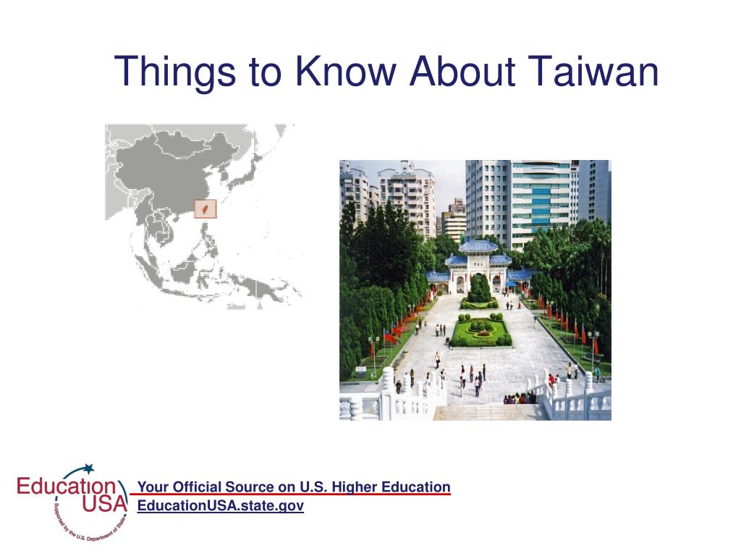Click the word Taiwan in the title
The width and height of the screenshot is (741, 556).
[593, 72]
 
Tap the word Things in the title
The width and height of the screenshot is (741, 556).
[175, 73]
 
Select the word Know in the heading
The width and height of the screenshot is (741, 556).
[346, 72]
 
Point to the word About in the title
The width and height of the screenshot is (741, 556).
[462, 72]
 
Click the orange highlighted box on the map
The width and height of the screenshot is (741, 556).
[206, 208]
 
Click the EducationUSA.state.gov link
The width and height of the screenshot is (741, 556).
[221, 505]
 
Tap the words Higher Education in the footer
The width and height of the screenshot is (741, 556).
[391, 486]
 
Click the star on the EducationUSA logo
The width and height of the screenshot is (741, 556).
[88, 468]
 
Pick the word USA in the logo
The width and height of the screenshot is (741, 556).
[105, 504]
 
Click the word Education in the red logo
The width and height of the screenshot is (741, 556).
[67, 486]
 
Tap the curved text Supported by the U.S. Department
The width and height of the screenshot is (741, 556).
[89, 525]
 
